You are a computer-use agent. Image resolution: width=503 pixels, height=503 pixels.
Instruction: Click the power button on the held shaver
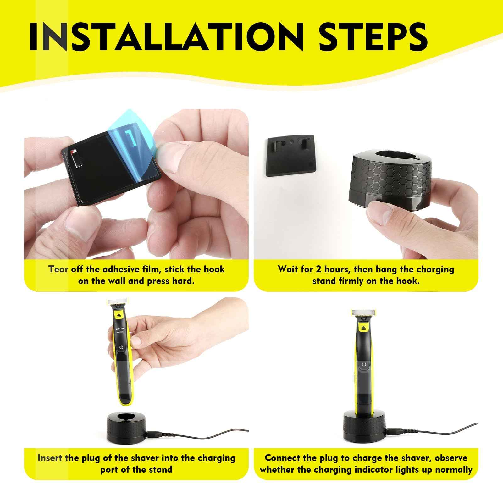point(122,347)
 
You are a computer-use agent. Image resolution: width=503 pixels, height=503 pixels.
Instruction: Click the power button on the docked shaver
point(364,364)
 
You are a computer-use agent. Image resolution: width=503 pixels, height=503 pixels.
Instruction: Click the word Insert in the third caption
point(50,458)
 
